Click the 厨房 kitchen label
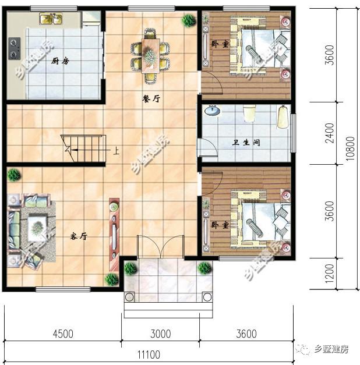pos(57,61)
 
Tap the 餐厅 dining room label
pos(151,98)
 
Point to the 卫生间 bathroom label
pos(248,142)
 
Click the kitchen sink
pos(51,19)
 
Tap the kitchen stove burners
pos(15,46)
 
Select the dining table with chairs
pos(151,54)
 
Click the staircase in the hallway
pos(85,148)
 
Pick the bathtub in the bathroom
pos(283,116)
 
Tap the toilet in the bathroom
pos(249,112)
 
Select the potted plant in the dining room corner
pos(189,20)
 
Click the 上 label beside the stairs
pos(116,151)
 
